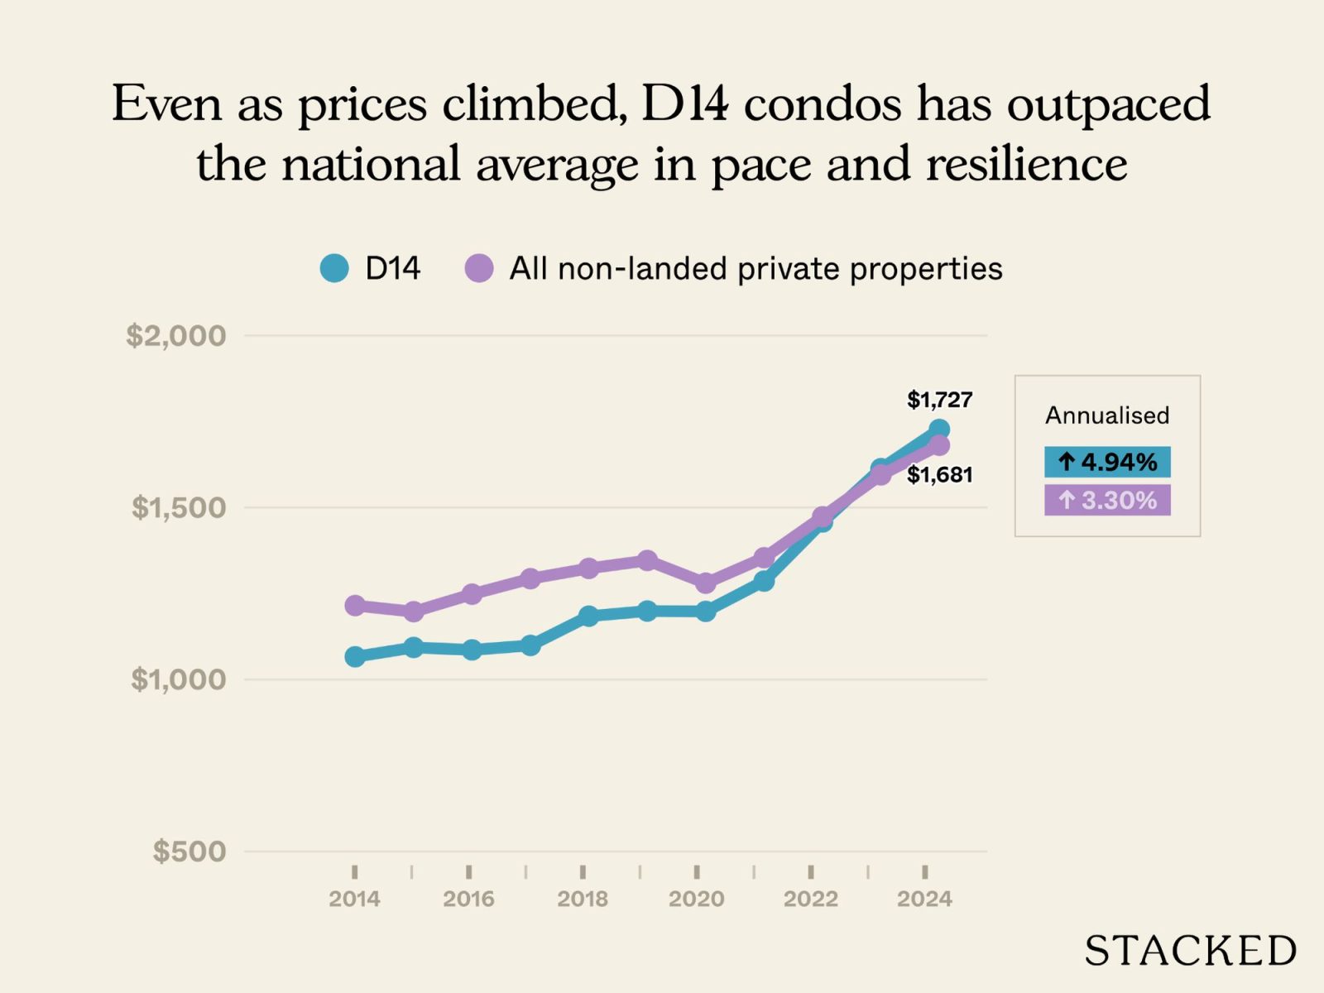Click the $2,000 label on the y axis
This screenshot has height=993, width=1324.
175,335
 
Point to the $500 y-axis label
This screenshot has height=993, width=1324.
189,851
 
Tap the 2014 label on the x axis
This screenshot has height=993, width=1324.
354,899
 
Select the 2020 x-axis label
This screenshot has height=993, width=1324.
696,899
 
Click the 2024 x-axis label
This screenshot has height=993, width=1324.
924,899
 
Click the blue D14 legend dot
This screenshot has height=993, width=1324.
334,268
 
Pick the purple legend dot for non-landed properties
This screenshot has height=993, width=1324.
479,268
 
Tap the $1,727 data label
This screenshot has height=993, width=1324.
939,400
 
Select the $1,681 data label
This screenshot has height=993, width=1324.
939,475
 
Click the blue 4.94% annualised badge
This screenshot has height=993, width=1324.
1107,462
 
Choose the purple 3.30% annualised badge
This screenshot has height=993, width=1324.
1107,500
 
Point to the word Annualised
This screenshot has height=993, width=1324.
1107,415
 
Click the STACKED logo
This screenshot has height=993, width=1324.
1190,951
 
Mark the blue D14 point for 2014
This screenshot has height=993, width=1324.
355,656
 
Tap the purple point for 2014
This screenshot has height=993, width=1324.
355,605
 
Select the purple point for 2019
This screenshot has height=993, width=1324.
647,560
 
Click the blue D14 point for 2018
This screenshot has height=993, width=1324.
588,616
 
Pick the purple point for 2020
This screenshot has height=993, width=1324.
706,583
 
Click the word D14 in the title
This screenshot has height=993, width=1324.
684,103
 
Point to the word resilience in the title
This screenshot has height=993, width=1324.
1026,163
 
